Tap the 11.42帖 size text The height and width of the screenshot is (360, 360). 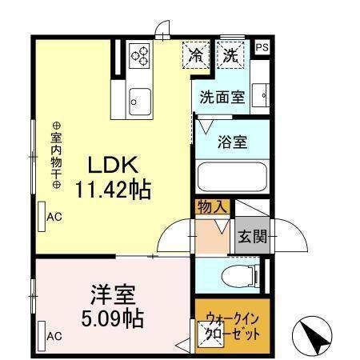[114, 190]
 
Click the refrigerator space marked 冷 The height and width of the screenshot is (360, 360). [196, 56]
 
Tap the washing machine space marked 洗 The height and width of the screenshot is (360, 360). [231, 56]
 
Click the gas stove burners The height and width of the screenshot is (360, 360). [142, 55]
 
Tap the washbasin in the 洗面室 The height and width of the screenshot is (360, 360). [262, 94]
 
